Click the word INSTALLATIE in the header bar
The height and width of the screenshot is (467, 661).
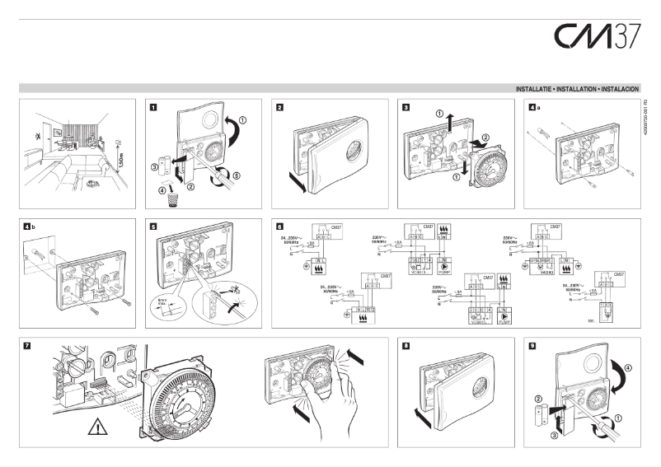(535, 87)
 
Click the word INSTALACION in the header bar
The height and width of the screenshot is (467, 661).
(619, 87)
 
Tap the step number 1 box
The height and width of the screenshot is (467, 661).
(153, 106)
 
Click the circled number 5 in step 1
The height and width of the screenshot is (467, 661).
(236, 175)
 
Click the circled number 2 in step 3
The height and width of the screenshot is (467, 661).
(485, 137)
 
